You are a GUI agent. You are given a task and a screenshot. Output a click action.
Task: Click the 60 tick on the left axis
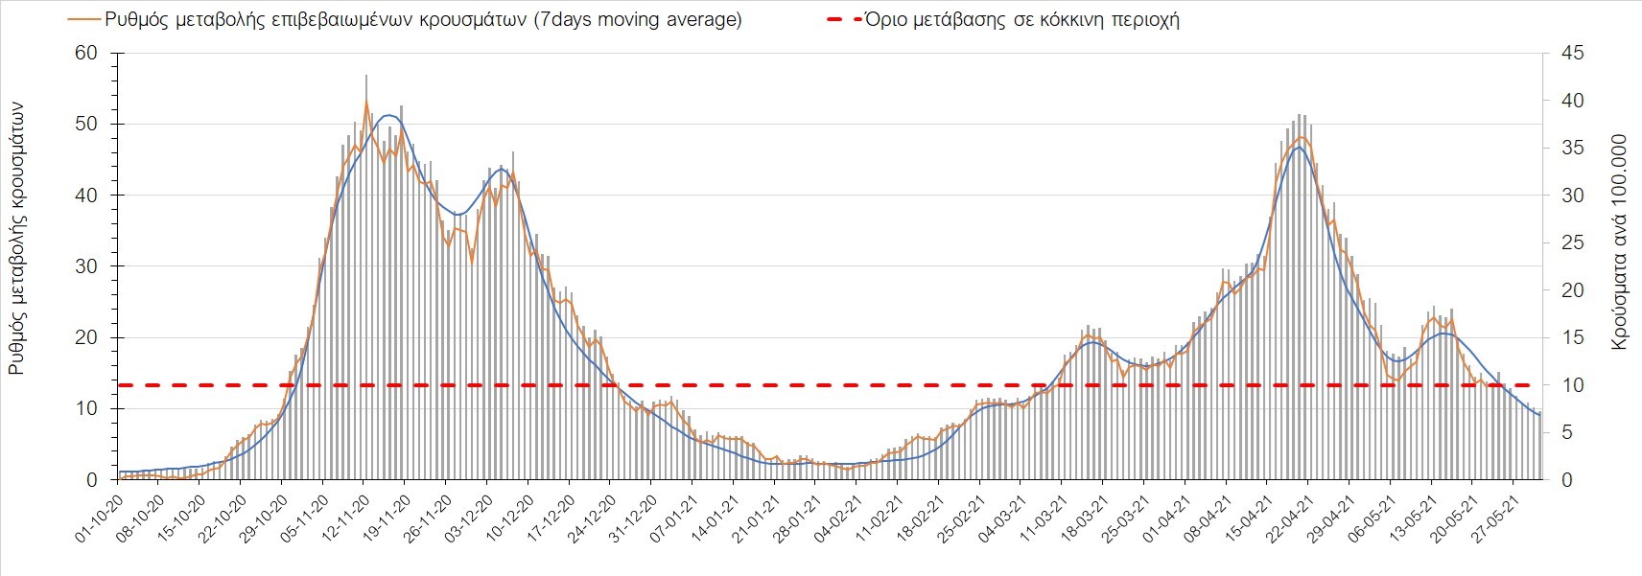pyautogui.click(x=86, y=53)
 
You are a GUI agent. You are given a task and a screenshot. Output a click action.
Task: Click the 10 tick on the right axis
pyautogui.click(x=1568, y=385)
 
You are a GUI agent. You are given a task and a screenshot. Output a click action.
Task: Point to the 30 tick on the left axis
pyautogui.click(x=86, y=266)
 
